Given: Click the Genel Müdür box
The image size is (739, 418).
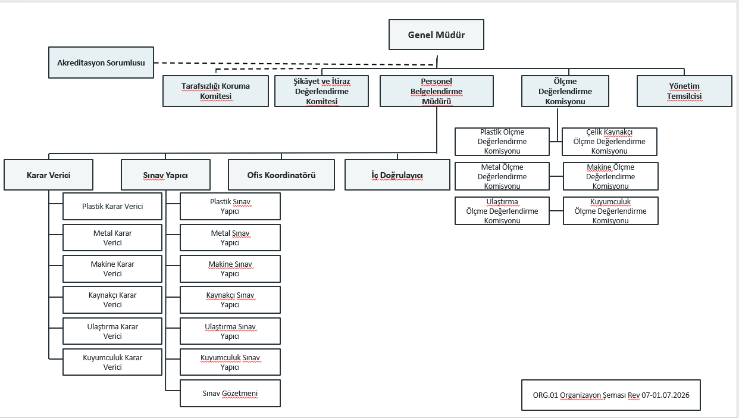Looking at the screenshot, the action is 436,35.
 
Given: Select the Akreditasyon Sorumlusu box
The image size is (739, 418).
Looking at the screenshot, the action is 101,63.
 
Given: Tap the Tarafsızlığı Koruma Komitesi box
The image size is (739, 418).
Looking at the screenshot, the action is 215,91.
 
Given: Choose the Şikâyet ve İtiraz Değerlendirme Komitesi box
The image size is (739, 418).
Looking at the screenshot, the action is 321,91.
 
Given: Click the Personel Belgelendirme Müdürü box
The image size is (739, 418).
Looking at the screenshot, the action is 437,91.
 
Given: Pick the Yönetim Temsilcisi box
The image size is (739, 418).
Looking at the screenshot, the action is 684,91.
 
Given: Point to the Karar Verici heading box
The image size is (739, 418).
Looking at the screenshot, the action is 49,175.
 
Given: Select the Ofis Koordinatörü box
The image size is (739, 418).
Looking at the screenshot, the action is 281,175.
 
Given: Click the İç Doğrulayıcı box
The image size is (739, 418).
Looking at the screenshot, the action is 397,175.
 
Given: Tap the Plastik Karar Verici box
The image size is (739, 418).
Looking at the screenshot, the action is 112,207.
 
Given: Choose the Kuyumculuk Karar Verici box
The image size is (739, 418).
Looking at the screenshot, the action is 112,362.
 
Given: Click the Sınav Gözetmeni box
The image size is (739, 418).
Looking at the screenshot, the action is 230,393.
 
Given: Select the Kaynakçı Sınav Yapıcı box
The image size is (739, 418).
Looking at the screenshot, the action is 230,300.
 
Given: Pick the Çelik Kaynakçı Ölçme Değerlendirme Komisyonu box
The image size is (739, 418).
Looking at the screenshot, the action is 609,142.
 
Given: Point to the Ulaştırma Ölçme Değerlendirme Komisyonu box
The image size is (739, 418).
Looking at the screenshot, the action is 502,211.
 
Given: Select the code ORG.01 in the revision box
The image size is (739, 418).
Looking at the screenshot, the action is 546,395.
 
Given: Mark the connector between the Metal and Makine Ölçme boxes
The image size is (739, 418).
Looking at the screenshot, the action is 556,176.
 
